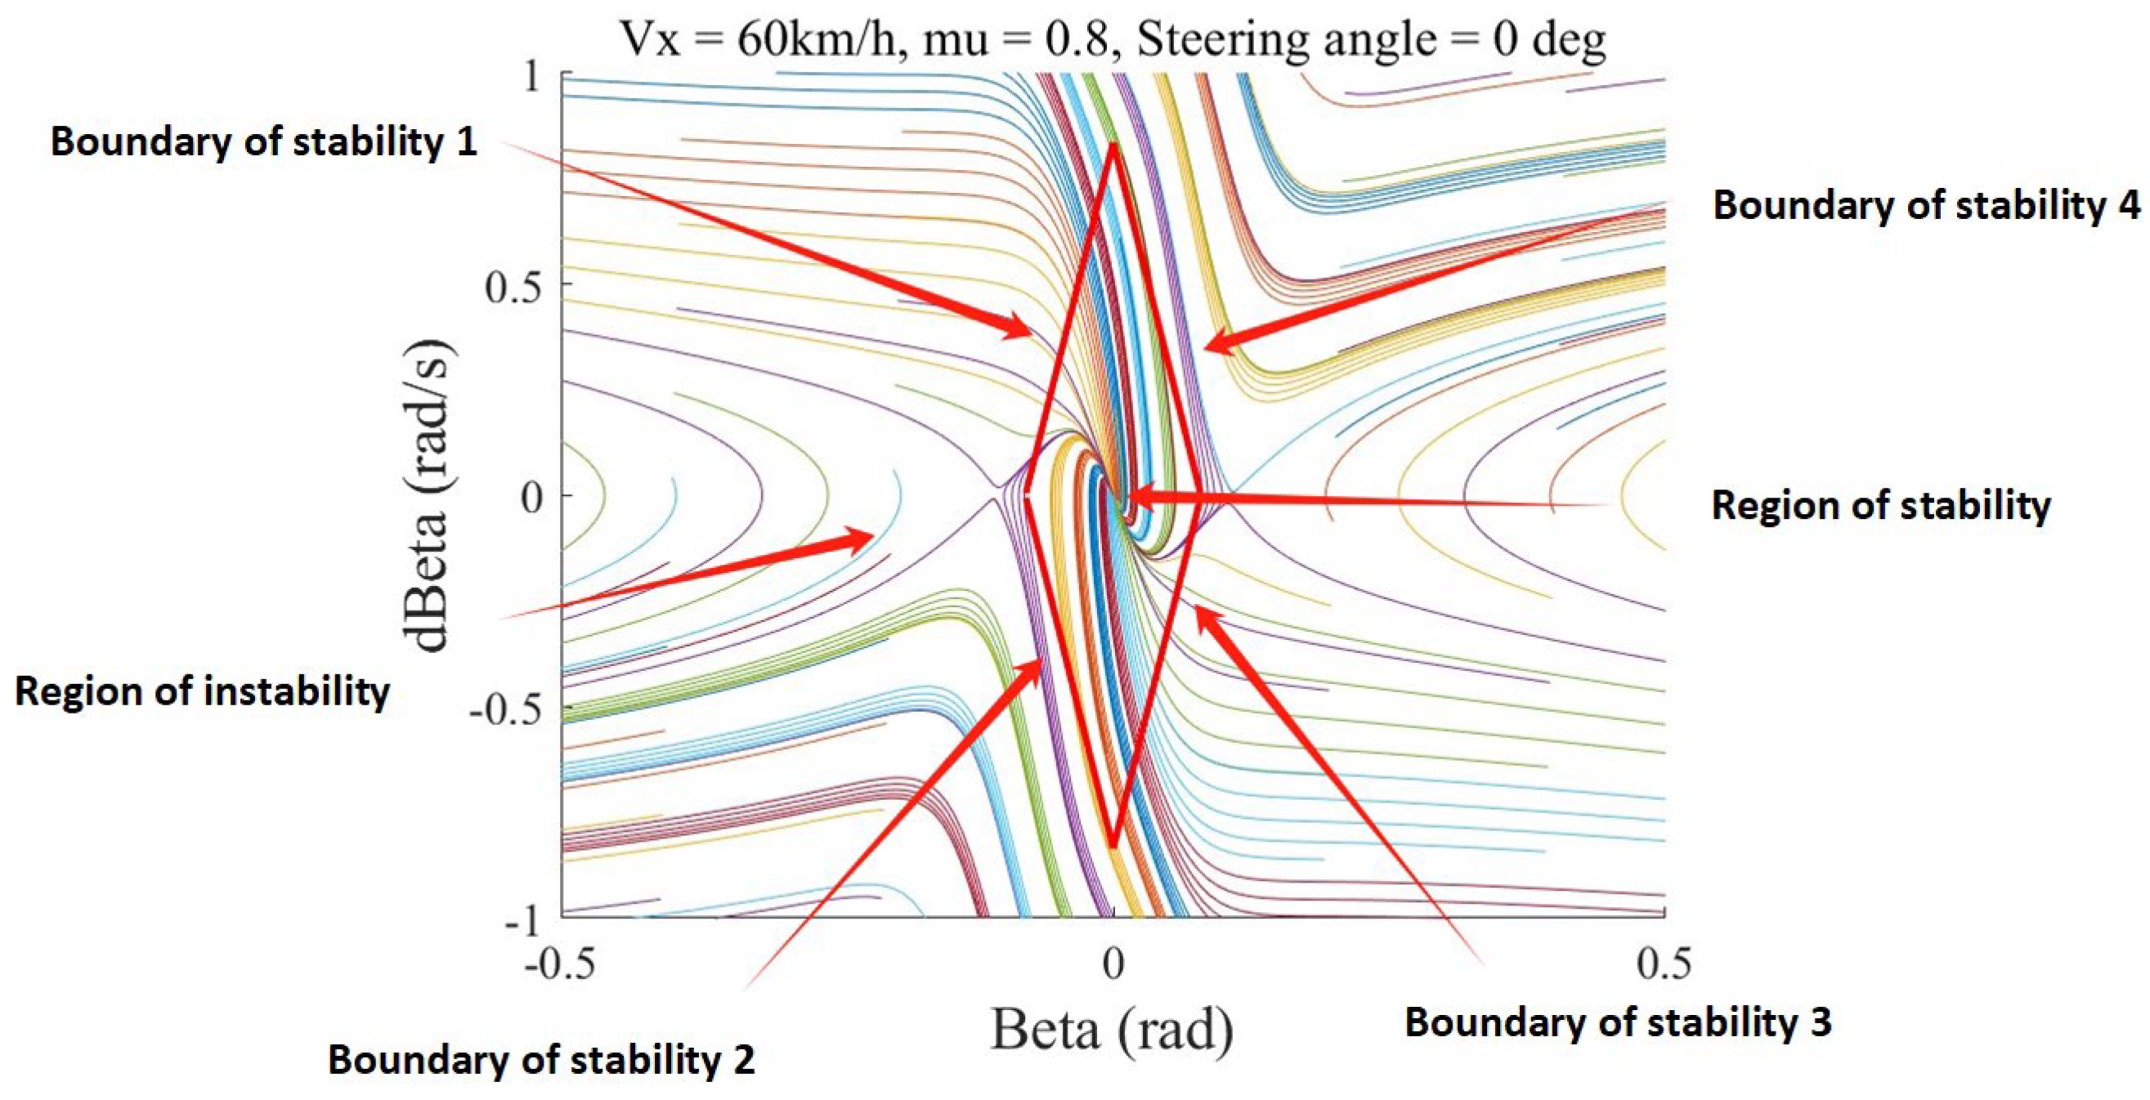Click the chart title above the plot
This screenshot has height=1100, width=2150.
(1113, 39)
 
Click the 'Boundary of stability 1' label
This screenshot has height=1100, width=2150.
(264, 141)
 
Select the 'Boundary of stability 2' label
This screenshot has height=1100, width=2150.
(542, 1060)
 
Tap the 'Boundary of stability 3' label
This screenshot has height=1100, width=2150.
(1619, 1022)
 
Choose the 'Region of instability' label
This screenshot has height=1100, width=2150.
(203, 692)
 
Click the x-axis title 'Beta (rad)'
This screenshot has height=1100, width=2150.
(1113, 1030)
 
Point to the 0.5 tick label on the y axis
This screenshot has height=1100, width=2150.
(513, 287)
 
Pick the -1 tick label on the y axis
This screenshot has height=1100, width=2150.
(523, 922)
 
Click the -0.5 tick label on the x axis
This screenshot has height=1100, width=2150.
(560, 964)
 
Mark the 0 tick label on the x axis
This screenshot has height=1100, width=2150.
(1113, 964)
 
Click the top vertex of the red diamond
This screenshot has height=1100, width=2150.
(1113, 145)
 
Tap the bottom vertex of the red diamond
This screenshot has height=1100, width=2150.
(1113, 847)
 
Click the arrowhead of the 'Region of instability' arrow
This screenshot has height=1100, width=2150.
(872, 534)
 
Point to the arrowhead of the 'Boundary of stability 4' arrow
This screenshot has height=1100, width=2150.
(1207, 347)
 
